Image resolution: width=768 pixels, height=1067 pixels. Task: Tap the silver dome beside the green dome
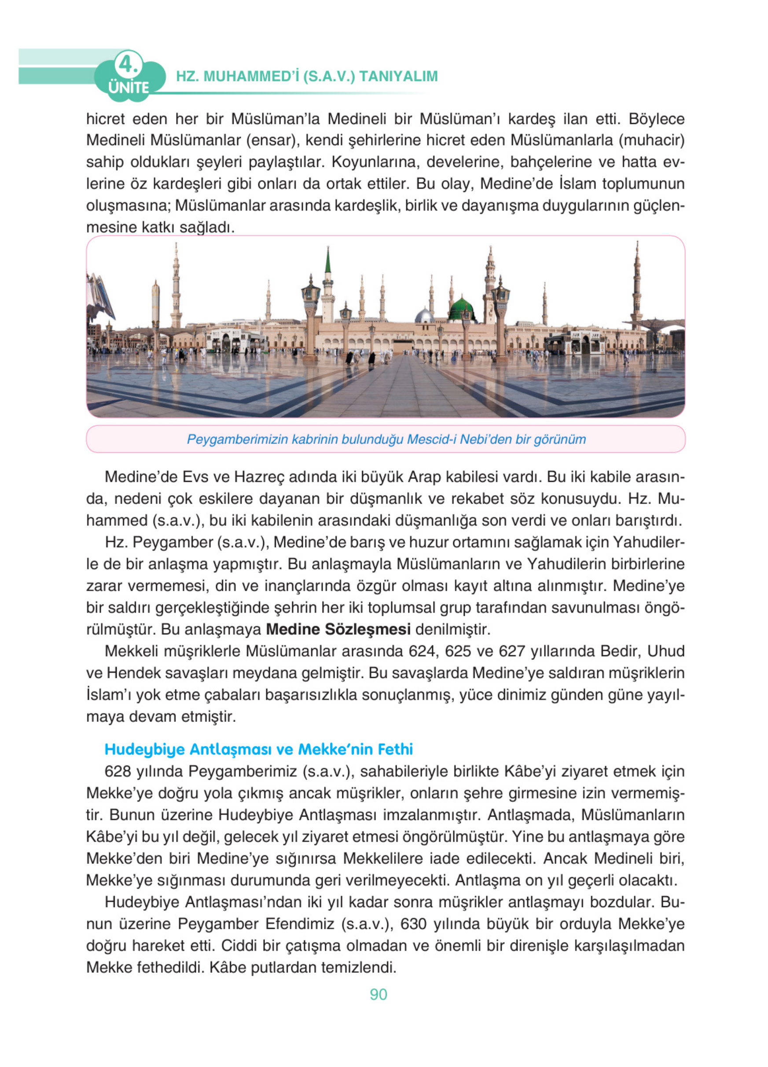424,316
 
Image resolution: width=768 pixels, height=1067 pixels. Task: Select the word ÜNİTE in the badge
129,88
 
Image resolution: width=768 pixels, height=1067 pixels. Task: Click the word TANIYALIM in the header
398,76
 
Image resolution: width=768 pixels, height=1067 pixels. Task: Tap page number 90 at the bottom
378,994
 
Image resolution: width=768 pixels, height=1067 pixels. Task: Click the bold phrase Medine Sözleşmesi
338,629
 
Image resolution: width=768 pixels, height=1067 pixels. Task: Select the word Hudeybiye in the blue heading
145,749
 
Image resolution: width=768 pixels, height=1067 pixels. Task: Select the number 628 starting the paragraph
117,772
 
